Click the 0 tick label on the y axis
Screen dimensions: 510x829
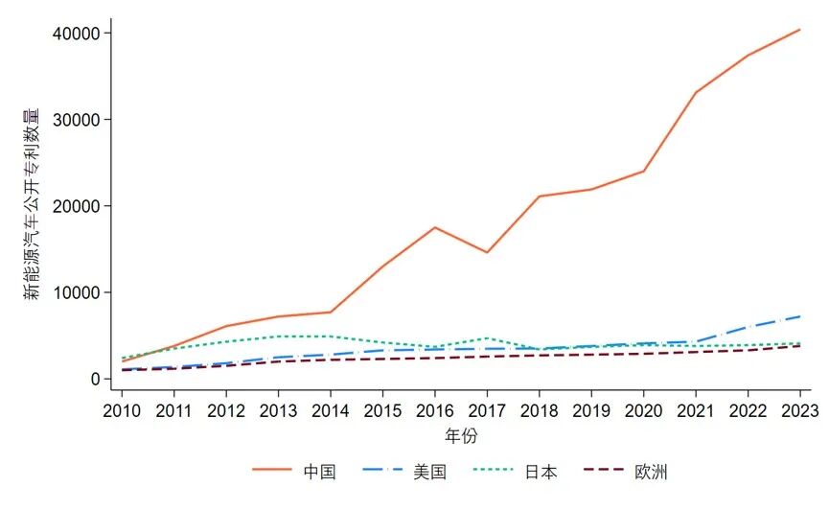point(95,379)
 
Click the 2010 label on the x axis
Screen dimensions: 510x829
point(122,410)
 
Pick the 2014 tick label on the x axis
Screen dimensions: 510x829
point(331,410)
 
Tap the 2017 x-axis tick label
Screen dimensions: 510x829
point(487,410)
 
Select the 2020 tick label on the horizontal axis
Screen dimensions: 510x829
point(643,410)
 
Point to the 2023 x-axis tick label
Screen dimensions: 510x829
point(799,410)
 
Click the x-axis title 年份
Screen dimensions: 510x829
point(461,436)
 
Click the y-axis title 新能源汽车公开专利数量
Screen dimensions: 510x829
point(32,205)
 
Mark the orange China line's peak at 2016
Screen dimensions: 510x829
point(435,227)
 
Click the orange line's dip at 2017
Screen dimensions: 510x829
point(487,252)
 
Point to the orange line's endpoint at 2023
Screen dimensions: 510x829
point(800,30)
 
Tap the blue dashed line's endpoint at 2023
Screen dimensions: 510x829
point(800,316)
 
